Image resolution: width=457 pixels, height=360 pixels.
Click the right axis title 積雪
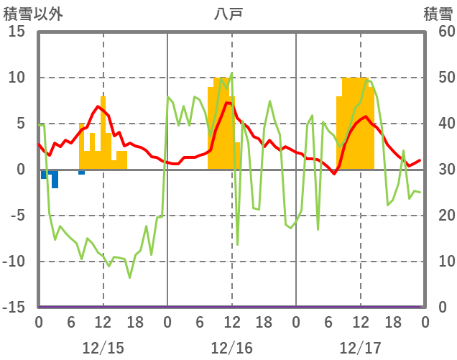(437, 14)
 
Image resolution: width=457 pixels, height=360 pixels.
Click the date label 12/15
(103, 348)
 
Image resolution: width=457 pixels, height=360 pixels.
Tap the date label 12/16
(231, 348)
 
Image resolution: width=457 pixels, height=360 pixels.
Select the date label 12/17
(360, 348)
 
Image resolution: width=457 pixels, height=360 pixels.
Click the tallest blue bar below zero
(55, 179)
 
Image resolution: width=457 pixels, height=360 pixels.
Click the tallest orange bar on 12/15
(103, 133)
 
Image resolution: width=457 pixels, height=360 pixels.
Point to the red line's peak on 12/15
(98, 106)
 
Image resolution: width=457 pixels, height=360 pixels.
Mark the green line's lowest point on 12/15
(130, 277)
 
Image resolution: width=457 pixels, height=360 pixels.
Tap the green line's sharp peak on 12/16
(231, 73)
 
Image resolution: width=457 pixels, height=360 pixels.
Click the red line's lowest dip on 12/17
(334, 173)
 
